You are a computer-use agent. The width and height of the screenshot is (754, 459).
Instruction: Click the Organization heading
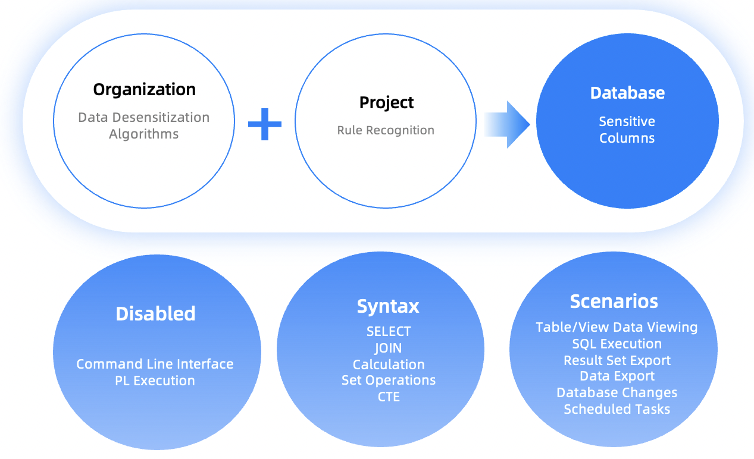[144, 90]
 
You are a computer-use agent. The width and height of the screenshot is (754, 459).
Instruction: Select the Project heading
[386, 103]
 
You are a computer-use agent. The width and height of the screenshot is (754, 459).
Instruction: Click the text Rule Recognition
[386, 130]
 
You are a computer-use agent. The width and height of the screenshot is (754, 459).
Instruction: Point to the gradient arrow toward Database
[506, 124]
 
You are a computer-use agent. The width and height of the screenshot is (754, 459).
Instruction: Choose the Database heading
[627, 93]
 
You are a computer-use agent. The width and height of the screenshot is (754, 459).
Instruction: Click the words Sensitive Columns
[627, 130]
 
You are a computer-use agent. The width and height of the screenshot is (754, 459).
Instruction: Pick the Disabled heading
[155, 313]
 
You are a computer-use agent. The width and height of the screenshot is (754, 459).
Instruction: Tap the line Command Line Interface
[155, 364]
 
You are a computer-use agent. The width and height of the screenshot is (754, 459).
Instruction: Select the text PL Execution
[155, 381]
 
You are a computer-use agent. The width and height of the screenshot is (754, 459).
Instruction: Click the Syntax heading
[388, 306]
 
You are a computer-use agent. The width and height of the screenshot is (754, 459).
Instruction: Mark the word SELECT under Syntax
[389, 332]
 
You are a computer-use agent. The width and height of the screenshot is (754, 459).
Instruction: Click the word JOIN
[388, 348]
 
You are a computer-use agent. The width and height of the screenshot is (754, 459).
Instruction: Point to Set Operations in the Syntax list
[389, 380]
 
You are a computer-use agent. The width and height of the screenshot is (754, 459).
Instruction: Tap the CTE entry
[389, 397]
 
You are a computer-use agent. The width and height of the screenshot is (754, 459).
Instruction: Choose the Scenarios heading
[614, 301]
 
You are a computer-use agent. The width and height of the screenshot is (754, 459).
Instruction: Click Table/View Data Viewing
[617, 327]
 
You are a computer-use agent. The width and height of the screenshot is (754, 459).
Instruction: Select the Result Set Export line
[617, 360]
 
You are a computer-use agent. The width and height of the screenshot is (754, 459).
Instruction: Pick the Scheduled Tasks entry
[617, 409]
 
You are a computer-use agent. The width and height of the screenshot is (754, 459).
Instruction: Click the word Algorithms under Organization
[143, 134]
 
